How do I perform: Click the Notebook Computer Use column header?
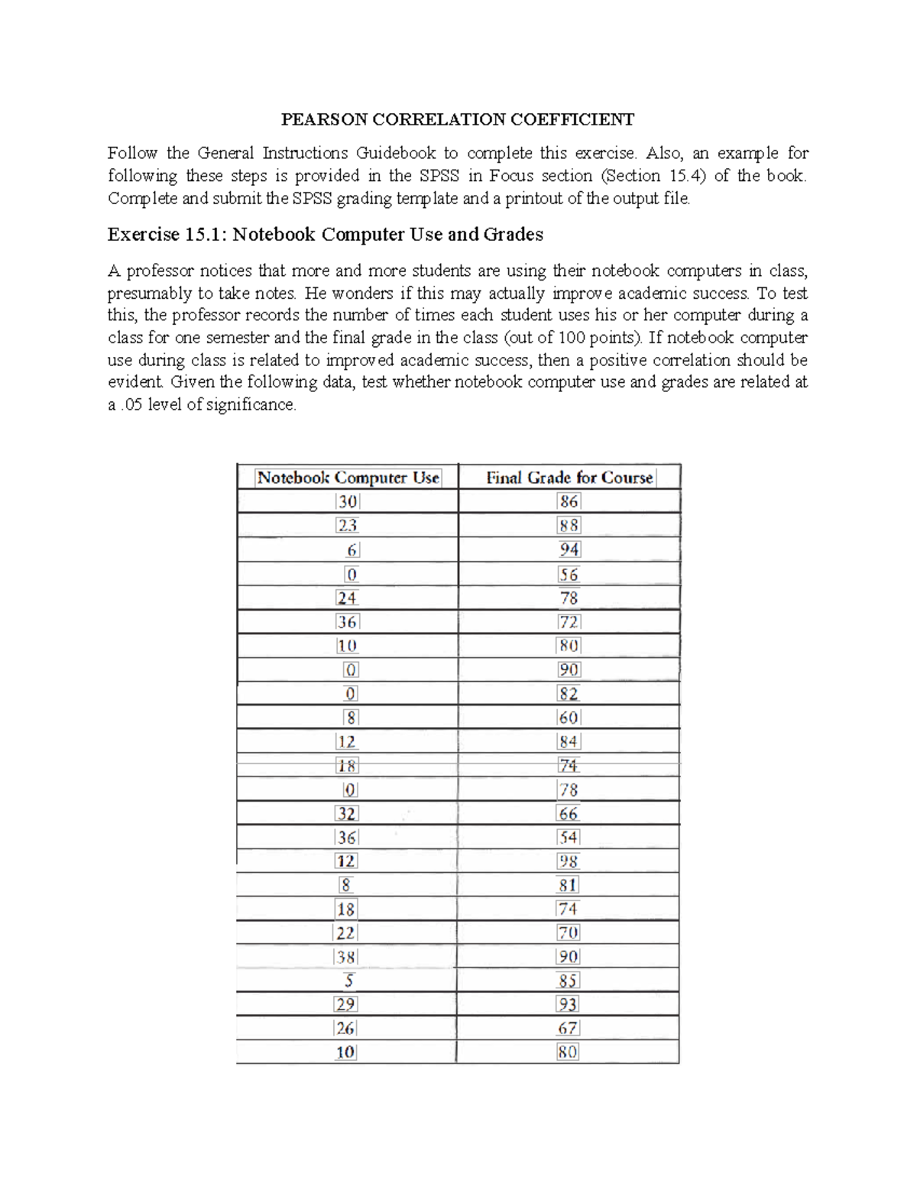click(348, 478)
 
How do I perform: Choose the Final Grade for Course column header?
click(569, 478)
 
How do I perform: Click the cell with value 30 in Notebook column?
click(348, 501)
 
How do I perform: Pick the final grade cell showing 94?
click(569, 550)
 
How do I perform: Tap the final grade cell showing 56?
click(569, 574)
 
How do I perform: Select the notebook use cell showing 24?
click(348, 598)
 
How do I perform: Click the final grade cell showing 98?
click(569, 861)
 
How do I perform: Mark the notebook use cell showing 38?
click(346, 957)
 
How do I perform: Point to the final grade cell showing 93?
click(568, 1004)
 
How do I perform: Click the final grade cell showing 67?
click(568, 1028)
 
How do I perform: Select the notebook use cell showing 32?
click(347, 813)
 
